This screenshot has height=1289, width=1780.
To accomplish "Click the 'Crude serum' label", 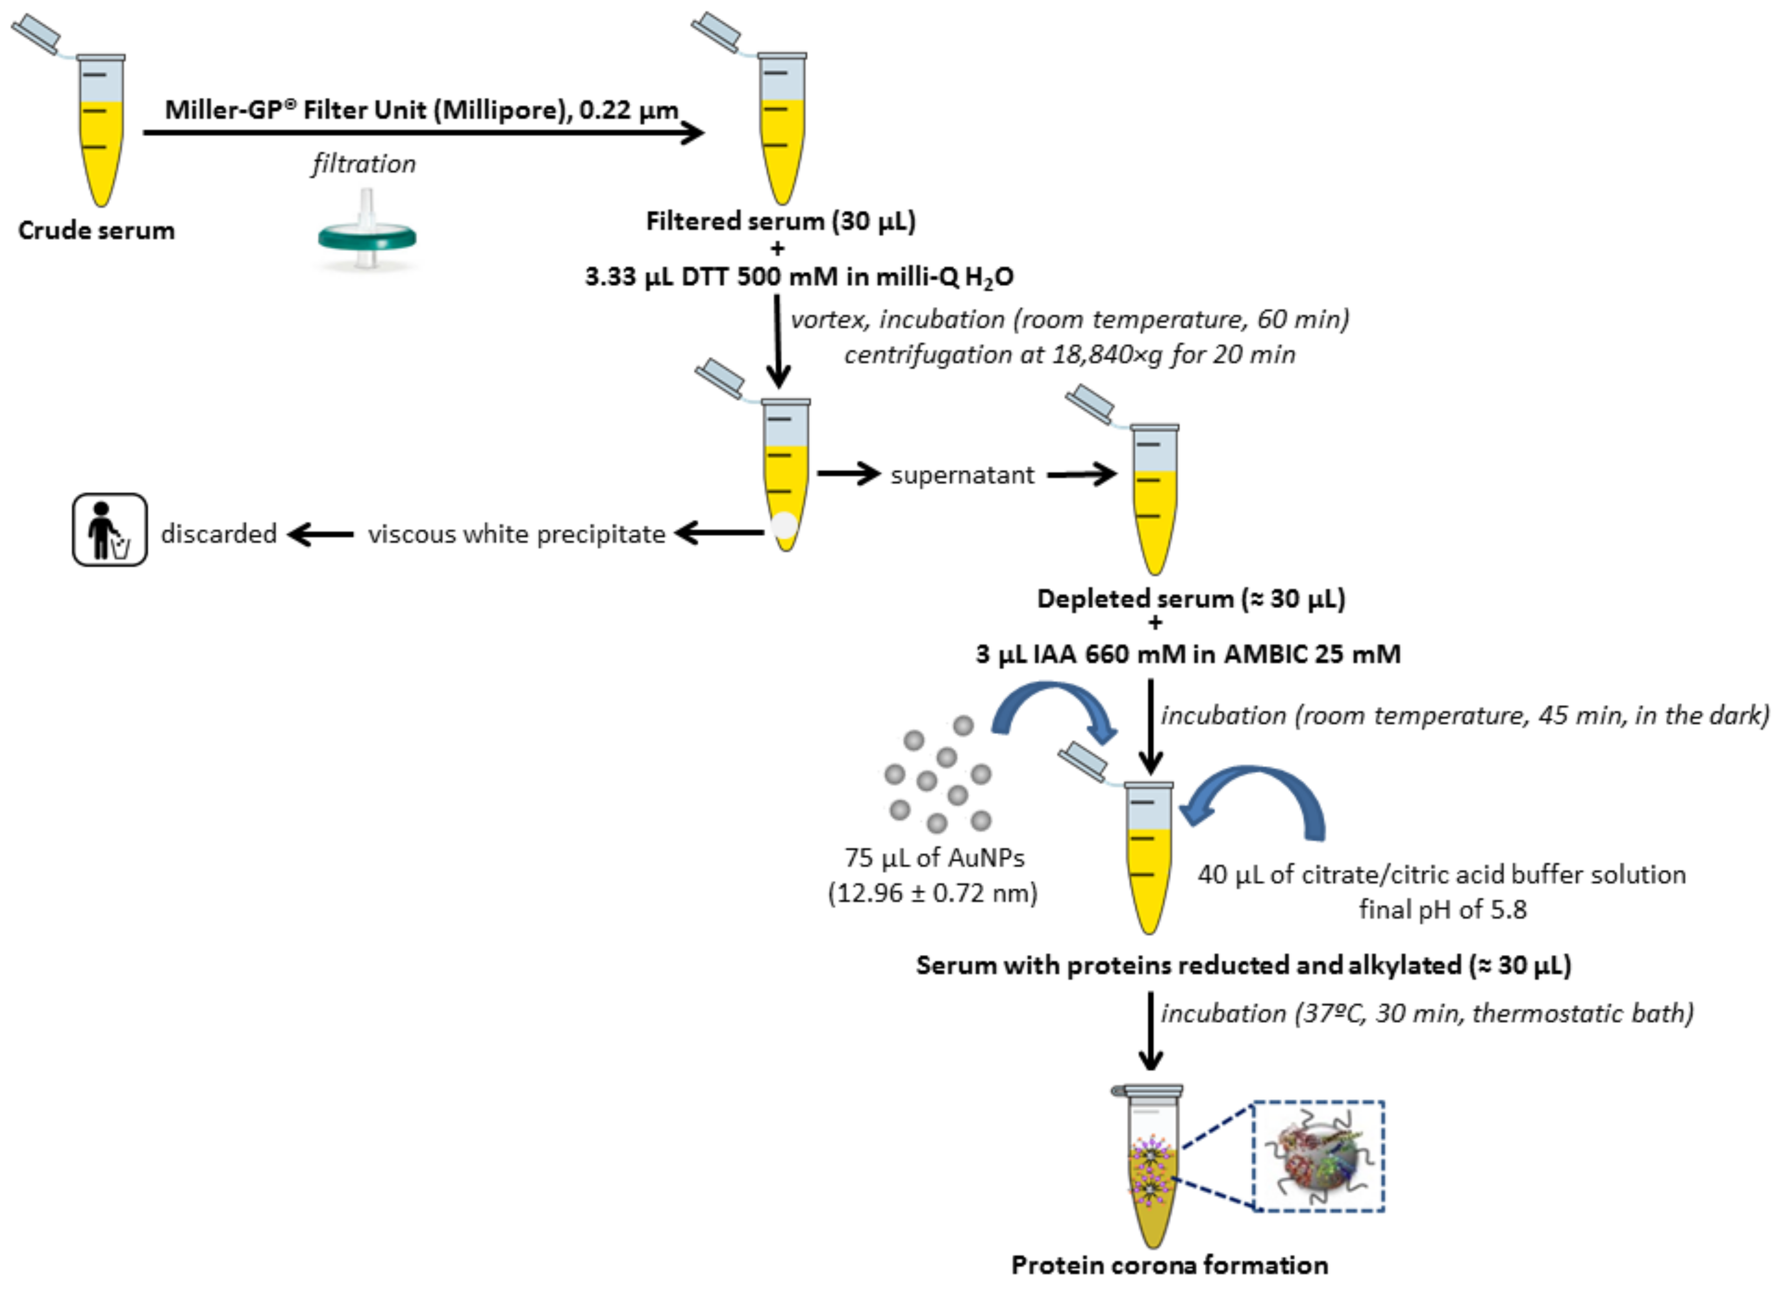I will point(96,231).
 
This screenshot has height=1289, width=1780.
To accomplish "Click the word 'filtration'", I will point(364,164).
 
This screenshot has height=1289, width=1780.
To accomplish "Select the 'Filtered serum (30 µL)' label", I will point(780,221).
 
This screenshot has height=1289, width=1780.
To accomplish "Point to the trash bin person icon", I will point(110,530).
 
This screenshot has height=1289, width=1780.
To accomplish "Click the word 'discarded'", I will point(219,534).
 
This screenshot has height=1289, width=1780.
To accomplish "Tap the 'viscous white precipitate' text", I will point(516,534).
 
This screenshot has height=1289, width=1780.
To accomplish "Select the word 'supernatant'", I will point(962,475).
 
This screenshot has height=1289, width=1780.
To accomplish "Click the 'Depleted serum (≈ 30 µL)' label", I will point(1191,599).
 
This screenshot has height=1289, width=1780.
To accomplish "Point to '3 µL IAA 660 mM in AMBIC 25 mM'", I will point(1188,654).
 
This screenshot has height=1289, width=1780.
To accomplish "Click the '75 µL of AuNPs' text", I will point(934,858).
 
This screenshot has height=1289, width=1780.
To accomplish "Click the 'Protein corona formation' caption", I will point(1170,1265).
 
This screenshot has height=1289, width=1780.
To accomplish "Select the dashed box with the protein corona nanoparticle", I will point(1319,1155).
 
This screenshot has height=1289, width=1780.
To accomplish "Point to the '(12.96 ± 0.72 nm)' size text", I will point(933,893).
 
